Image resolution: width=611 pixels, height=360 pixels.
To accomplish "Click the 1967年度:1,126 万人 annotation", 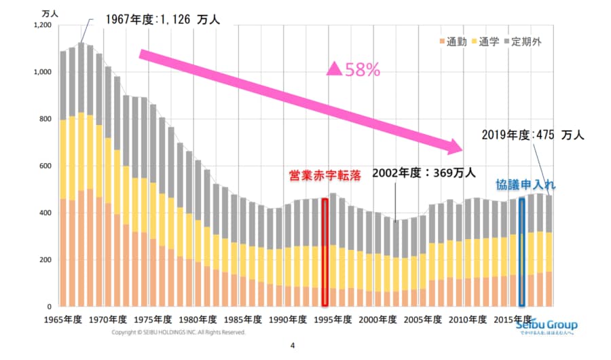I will click(162, 20).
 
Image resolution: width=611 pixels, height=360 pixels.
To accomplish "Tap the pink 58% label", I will click(353, 69).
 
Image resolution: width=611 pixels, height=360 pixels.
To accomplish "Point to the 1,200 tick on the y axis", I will click(42, 25).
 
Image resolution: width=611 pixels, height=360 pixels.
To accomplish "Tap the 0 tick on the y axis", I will click(50, 307).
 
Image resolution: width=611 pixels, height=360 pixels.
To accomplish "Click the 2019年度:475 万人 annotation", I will click(532, 134).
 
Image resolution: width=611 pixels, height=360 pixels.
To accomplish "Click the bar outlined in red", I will click(325, 251).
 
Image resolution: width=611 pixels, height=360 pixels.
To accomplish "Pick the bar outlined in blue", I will click(521, 251).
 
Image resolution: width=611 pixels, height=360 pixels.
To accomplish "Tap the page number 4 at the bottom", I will click(293, 346).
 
